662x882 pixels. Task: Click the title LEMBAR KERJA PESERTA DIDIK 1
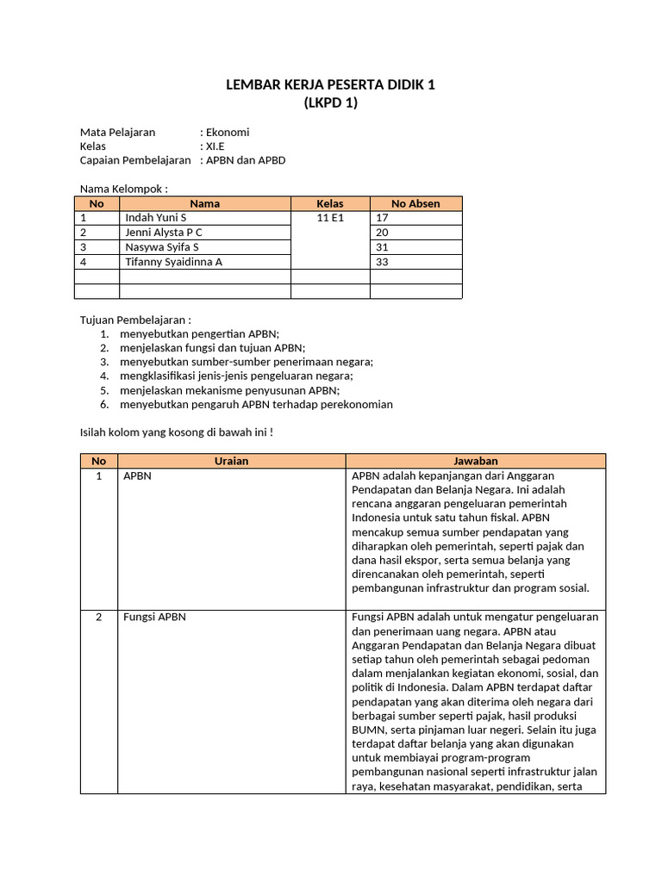coord(330,84)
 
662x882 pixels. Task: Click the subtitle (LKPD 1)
coord(330,103)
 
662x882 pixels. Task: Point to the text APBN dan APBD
coord(245,160)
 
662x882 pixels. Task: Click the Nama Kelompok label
coord(123,189)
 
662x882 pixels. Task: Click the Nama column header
coord(204,204)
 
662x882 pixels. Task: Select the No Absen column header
coord(415,204)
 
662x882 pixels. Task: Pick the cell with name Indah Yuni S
coord(156,218)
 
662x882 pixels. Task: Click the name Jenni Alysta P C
coord(165,233)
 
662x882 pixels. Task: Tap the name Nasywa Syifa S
coord(162,247)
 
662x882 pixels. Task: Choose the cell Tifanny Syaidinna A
coord(173,262)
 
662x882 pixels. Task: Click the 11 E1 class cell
coord(330,218)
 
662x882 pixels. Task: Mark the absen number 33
coord(382,262)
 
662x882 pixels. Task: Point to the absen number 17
coord(382,218)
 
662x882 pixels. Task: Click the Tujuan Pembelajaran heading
coord(135,320)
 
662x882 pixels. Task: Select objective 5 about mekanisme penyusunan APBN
coord(229,390)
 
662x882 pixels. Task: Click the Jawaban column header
coord(476,461)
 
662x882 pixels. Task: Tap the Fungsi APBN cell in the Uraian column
coord(154,617)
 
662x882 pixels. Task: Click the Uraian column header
coord(231,461)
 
